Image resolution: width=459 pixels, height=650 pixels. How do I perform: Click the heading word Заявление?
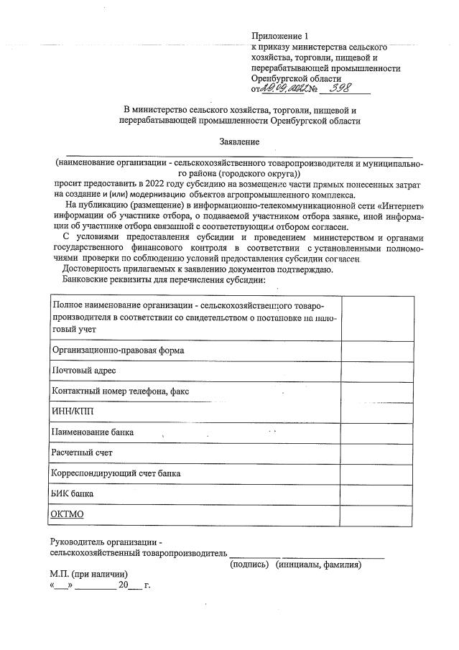click(239, 142)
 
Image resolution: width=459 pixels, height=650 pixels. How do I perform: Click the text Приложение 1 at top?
click(279, 36)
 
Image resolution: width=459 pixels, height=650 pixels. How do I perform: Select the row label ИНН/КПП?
click(73, 412)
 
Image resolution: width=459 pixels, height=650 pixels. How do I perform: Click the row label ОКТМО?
click(68, 515)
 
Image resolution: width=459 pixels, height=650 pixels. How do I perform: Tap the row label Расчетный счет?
click(82, 453)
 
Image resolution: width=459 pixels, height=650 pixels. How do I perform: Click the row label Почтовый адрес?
click(84, 371)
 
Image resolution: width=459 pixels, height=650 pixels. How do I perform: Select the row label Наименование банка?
click(93, 432)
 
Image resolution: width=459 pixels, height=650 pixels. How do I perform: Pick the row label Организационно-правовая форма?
click(119, 350)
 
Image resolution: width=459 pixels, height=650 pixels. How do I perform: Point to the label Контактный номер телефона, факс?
click(121, 391)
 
